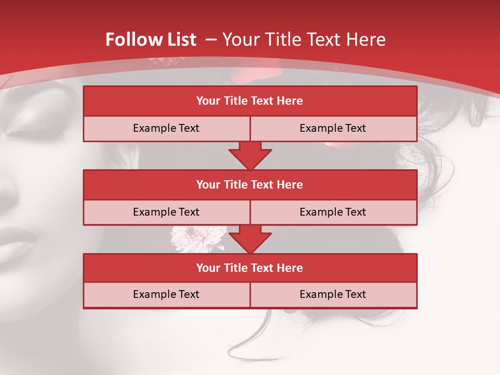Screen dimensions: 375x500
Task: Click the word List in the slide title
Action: click(x=179, y=40)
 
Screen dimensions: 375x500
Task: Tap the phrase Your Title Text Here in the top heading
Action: click(x=304, y=40)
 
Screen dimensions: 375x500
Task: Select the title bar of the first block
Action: click(x=250, y=101)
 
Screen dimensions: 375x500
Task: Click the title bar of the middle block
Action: click(x=250, y=184)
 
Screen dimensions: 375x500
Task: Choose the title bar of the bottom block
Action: click(x=250, y=268)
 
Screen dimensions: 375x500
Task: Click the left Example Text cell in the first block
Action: click(x=166, y=128)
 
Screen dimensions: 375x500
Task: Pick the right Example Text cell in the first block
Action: click(x=333, y=128)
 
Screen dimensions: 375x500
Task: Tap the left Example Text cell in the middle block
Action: click(x=166, y=212)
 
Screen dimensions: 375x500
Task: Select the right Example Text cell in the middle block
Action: click(x=333, y=212)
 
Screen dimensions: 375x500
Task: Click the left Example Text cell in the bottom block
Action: click(x=166, y=294)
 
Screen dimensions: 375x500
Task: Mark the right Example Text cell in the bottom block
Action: click(x=333, y=294)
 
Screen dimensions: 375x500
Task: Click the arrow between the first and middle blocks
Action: click(x=250, y=155)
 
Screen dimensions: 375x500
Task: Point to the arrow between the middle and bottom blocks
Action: click(x=250, y=239)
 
